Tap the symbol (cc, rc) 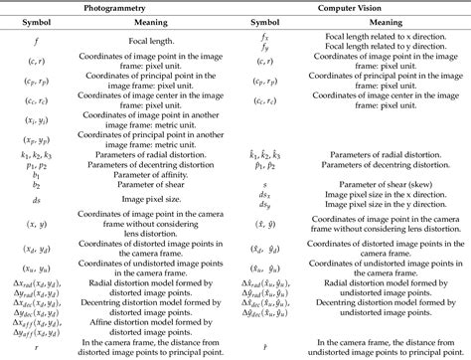[35, 103]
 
